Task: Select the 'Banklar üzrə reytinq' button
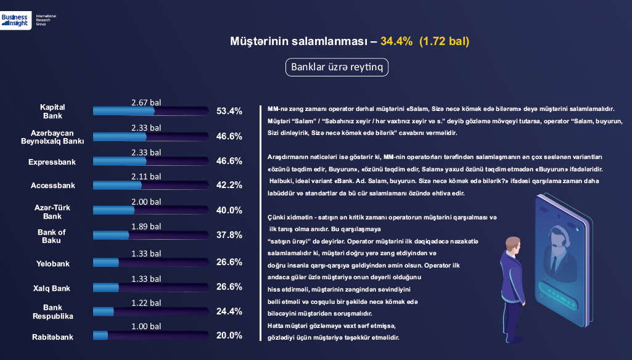(x=337, y=67)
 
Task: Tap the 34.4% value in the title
(x=396, y=41)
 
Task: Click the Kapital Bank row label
(x=52, y=112)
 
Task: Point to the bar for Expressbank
(x=150, y=161)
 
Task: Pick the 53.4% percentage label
(x=229, y=112)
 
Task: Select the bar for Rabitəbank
(x=150, y=335)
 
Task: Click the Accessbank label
(x=52, y=186)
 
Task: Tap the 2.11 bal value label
(x=146, y=176)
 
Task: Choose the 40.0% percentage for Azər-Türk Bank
(x=229, y=210)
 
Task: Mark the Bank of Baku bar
(x=150, y=235)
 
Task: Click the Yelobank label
(x=52, y=264)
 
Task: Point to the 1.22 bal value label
(x=146, y=302)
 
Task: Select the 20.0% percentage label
(x=229, y=336)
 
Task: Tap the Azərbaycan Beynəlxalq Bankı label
(x=52, y=136)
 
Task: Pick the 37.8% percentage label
(x=229, y=235)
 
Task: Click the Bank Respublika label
(x=52, y=311)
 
